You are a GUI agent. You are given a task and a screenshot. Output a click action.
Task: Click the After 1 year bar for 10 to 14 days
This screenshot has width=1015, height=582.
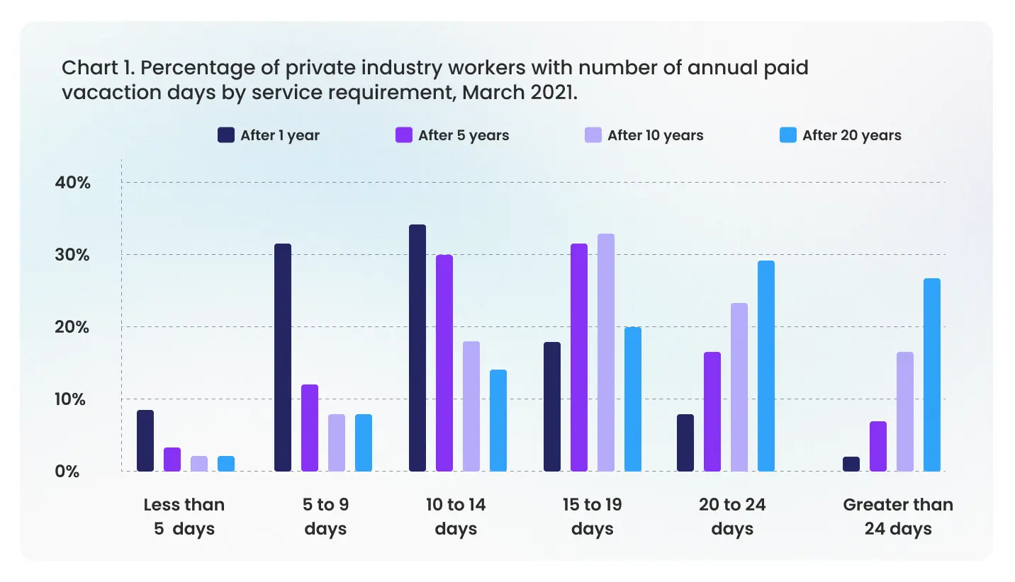click(417, 348)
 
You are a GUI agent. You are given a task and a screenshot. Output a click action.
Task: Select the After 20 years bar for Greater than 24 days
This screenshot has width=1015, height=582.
click(931, 375)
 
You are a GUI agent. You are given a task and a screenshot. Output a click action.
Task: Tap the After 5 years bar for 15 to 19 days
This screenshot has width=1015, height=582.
click(579, 358)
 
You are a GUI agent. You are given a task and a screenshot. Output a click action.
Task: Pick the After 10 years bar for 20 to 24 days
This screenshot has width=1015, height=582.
click(739, 387)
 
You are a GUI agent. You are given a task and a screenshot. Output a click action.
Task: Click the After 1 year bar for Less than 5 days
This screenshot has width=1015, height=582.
click(145, 440)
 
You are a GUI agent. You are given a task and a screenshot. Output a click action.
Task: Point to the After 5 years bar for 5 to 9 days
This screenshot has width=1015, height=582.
click(310, 428)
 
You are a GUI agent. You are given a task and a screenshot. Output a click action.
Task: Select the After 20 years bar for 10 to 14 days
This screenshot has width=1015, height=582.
click(498, 420)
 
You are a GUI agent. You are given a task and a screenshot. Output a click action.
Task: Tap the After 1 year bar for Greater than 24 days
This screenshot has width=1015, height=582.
click(851, 464)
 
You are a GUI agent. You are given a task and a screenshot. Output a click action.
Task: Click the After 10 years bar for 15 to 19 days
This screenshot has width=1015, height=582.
click(606, 353)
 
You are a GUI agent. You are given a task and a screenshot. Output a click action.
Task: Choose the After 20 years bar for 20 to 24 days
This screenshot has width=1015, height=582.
click(766, 366)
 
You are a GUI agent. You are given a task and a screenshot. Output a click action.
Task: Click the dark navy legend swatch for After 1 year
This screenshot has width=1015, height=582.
click(226, 135)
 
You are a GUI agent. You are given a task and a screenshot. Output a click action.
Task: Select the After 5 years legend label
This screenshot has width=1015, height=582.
click(464, 135)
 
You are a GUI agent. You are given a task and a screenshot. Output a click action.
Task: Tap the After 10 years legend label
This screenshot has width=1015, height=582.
click(655, 135)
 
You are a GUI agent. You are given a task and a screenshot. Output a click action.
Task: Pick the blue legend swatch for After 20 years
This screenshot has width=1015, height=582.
click(787, 135)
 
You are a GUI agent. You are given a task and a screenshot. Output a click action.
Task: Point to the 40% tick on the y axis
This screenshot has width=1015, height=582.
click(73, 183)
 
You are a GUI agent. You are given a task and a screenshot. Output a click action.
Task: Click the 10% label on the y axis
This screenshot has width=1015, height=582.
click(73, 399)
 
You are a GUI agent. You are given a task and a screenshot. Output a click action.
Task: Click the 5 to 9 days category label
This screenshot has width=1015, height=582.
click(326, 516)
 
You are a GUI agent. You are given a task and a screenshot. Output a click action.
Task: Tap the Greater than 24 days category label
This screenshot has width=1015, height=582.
click(897, 516)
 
